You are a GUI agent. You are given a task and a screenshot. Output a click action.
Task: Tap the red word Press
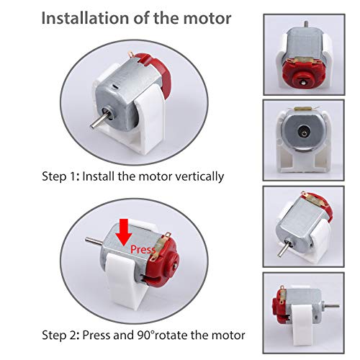coord(145,249)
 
